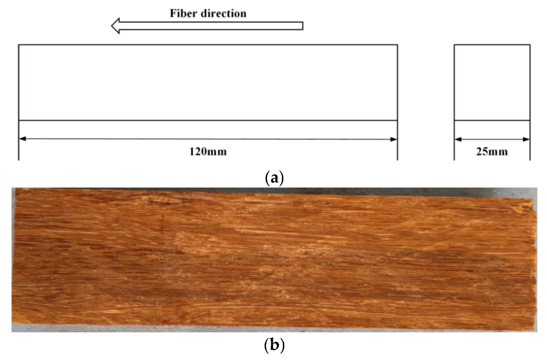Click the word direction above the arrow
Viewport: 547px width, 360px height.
224,13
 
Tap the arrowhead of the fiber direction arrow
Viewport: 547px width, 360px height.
115,26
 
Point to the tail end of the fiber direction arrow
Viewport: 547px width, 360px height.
303,26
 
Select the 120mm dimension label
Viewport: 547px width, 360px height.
208,152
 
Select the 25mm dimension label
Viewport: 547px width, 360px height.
492,152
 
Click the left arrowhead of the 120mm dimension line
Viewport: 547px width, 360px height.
22,139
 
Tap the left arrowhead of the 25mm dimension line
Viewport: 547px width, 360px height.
458,139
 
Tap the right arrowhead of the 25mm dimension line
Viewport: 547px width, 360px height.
526,139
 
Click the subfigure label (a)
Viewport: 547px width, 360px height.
274,178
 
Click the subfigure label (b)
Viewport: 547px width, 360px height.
274,345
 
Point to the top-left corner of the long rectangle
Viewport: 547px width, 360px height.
19,45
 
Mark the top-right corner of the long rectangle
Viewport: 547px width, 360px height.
397,45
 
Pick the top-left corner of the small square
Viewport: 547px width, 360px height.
454,45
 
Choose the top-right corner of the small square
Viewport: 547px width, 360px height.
530,45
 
